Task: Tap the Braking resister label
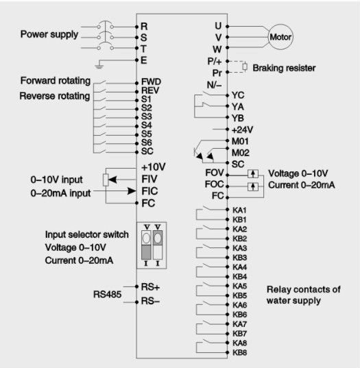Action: (x=284, y=68)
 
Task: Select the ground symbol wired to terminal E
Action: (x=99, y=67)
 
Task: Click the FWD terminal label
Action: (x=151, y=82)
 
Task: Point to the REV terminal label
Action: (x=150, y=90)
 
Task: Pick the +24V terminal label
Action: (x=242, y=130)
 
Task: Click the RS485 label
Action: (x=108, y=294)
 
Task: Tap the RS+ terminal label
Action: (x=150, y=287)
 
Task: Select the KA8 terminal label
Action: (x=239, y=343)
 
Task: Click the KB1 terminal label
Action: (x=239, y=220)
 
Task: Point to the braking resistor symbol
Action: (x=245, y=67)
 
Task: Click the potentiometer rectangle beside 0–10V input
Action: (x=106, y=180)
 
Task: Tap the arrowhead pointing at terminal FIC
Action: (x=132, y=191)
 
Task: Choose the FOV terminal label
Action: (x=215, y=173)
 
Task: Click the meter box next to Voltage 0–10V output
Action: (x=253, y=174)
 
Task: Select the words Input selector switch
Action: (x=87, y=234)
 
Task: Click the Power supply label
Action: (x=49, y=34)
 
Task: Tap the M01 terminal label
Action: (x=240, y=141)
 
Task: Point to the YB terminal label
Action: (x=238, y=118)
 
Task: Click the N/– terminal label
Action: (x=214, y=85)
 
